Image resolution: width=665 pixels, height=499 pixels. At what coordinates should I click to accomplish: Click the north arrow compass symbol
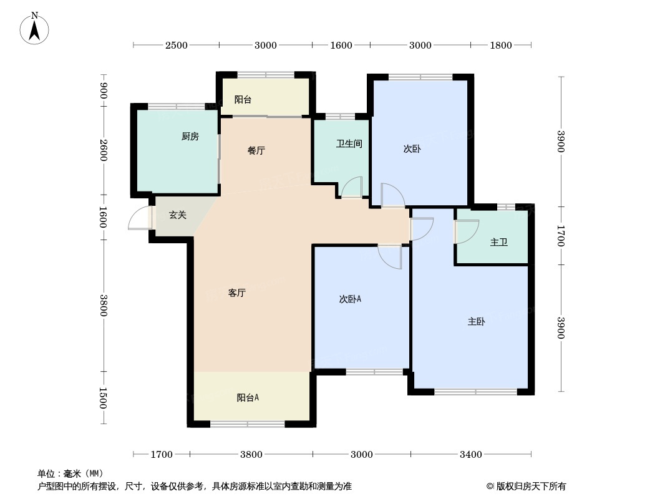click(x=34, y=29)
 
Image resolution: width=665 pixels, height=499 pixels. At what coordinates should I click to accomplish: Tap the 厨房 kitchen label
click(x=190, y=137)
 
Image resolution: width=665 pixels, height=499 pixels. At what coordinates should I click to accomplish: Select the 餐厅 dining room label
click(x=256, y=150)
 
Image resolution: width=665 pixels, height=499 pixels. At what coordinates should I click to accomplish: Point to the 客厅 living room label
click(x=236, y=293)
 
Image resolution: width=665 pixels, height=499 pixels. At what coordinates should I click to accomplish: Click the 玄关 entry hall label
click(x=178, y=215)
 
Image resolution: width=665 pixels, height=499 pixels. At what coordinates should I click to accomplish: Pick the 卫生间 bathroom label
click(x=349, y=143)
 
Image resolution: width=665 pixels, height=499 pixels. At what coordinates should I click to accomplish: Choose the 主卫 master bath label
click(x=499, y=242)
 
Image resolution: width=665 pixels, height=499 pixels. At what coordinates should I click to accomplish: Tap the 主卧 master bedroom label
click(x=476, y=322)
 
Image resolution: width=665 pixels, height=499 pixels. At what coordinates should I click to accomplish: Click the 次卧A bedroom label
click(x=350, y=299)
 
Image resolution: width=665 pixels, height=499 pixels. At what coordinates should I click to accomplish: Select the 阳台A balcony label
click(x=248, y=398)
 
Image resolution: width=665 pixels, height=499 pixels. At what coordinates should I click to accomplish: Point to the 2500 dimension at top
click(x=177, y=46)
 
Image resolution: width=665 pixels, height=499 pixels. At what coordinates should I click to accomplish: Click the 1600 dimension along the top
click(x=341, y=46)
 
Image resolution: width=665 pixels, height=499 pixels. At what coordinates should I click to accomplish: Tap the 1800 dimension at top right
click(x=502, y=46)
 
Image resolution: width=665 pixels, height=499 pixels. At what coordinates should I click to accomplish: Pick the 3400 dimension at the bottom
click(x=471, y=455)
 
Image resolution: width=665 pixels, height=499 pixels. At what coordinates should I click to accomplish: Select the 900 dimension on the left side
click(x=104, y=91)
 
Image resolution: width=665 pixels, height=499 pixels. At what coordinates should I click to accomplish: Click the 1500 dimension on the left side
click(x=104, y=398)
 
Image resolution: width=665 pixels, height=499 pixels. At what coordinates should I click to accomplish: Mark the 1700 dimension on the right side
click(x=561, y=236)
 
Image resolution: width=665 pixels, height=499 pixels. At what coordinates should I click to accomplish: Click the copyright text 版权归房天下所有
click(x=531, y=487)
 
